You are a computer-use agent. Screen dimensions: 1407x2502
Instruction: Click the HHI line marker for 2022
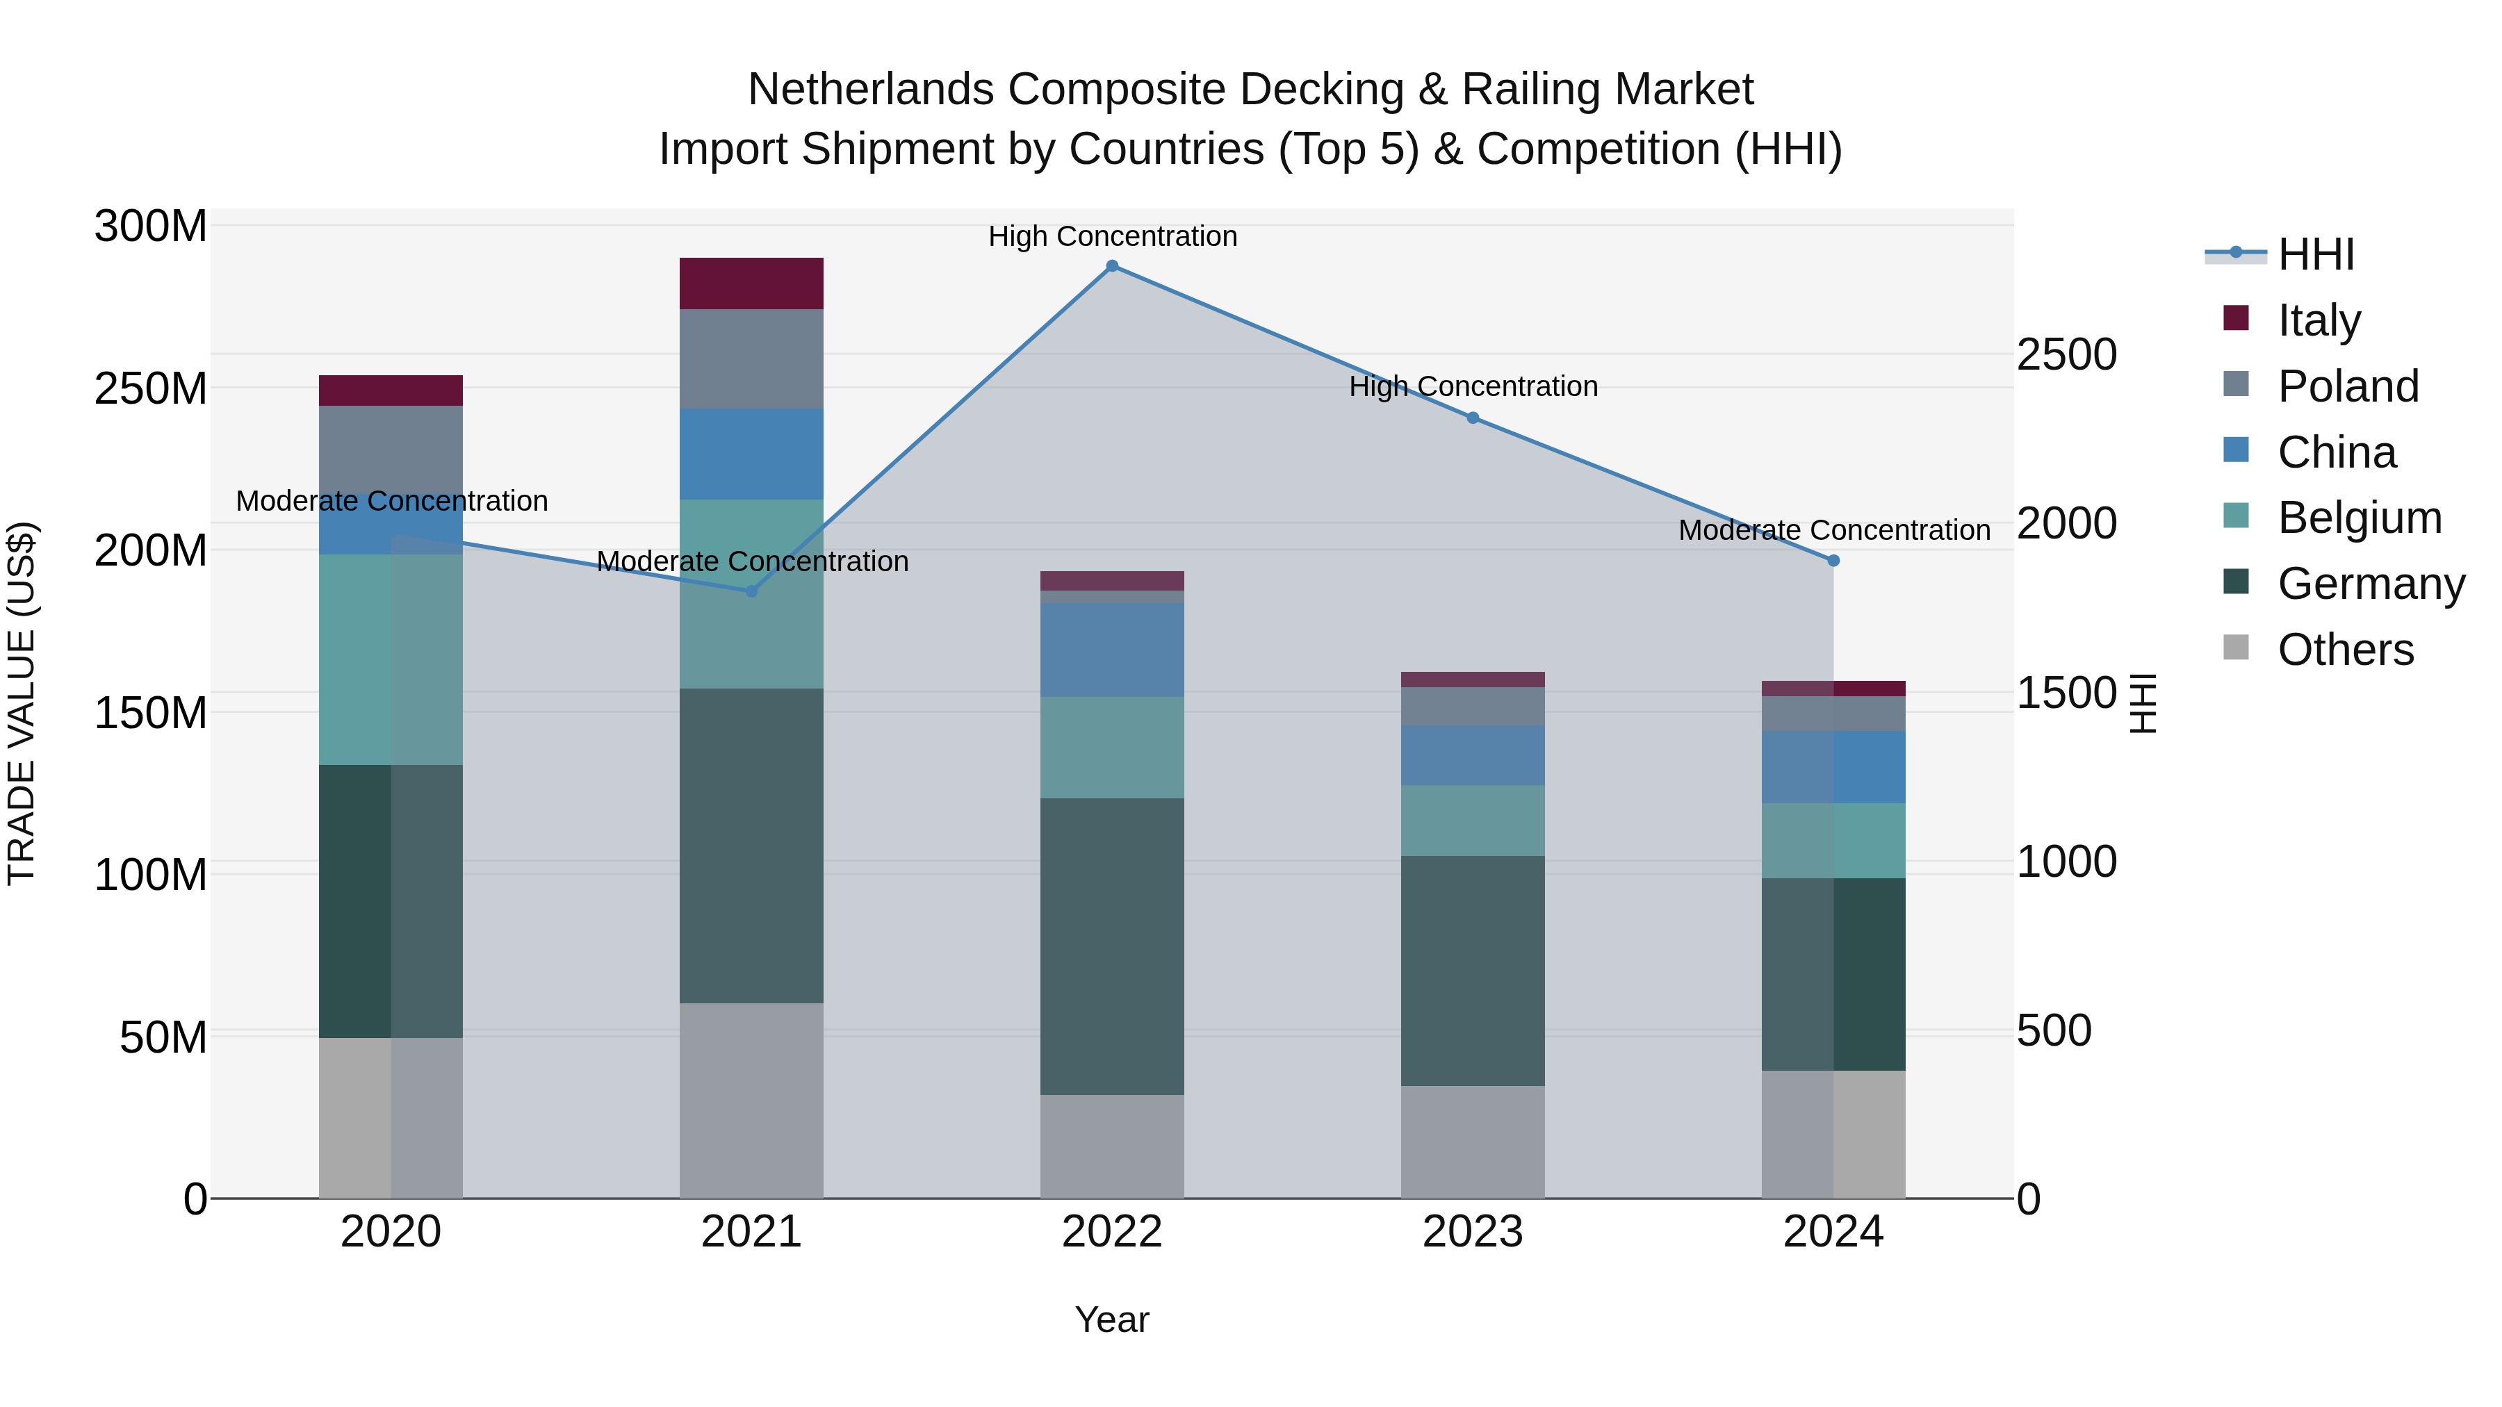tap(1112, 266)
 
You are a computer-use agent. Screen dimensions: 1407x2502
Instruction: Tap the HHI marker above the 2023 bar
tap(1473, 418)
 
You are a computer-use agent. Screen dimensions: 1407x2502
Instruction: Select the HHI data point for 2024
tap(1833, 560)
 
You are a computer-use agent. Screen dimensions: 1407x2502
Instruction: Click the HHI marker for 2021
tap(751, 591)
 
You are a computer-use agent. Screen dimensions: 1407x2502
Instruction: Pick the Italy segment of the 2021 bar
tap(751, 283)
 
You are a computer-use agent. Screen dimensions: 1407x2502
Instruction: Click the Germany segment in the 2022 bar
tap(1112, 947)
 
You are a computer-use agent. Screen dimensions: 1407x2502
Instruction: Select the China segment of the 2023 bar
tap(1473, 755)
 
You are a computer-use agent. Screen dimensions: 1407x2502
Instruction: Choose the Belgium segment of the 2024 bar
tap(1833, 841)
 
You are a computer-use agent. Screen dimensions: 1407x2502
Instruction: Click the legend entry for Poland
tap(2346, 386)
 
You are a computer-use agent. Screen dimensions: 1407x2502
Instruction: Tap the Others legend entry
tap(2345, 650)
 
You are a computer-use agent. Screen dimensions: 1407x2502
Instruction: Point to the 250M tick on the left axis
tap(151, 388)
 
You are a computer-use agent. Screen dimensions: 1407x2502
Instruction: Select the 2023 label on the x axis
tap(1473, 1232)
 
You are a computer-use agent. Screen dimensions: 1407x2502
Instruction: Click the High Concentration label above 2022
tap(1112, 236)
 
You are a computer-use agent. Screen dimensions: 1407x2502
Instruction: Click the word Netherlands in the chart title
tap(870, 90)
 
